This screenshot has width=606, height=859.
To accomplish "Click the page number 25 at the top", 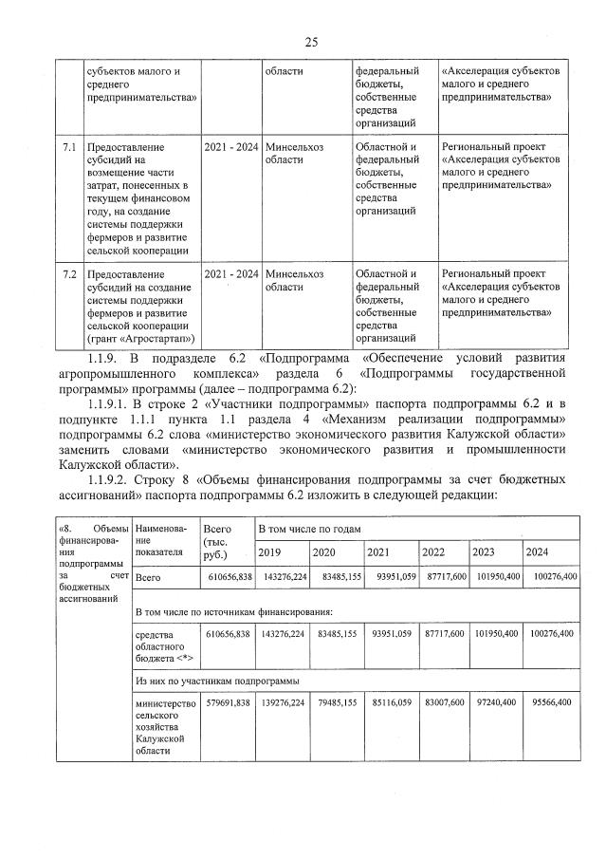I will [310, 41].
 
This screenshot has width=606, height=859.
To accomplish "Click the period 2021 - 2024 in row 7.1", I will [231, 147].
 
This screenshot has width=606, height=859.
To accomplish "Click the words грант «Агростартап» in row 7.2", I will [140, 337].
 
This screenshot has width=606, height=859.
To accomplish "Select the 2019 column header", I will [271, 552].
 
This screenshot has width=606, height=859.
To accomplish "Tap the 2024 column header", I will [537, 552].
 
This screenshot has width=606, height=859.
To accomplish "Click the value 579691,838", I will [228, 702].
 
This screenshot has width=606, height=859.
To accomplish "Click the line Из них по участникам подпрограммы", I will [217, 681].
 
